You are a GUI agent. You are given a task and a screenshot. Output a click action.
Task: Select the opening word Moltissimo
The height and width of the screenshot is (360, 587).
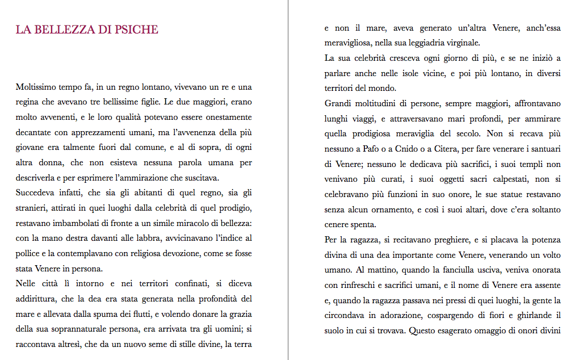(x=35, y=88)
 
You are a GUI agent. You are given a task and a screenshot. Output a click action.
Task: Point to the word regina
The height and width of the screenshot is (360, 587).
(x=28, y=103)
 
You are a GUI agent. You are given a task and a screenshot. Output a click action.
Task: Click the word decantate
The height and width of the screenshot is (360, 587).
(x=35, y=133)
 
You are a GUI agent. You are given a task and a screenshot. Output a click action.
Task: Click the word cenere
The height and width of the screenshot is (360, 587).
(x=337, y=224)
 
